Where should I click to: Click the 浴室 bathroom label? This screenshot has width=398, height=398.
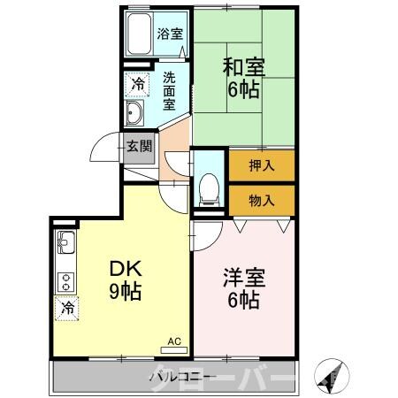pyautogui.click(x=170, y=34)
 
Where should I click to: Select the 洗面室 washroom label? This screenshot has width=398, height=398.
pyautogui.click(x=170, y=89)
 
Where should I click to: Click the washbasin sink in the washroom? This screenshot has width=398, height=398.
pyautogui.click(x=135, y=112)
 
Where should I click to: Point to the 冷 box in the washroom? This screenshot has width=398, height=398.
pyautogui.click(x=138, y=85)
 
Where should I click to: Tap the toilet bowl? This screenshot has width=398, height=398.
pyautogui.click(x=209, y=187)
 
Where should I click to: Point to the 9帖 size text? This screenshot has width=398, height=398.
pyautogui.click(x=125, y=291)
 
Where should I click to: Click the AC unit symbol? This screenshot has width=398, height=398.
pyautogui.click(x=173, y=340)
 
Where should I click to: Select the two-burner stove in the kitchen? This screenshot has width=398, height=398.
pyautogui.click(x=66, y=280)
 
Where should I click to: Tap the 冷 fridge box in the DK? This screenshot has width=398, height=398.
pyautogui.click(x=67, y=308)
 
